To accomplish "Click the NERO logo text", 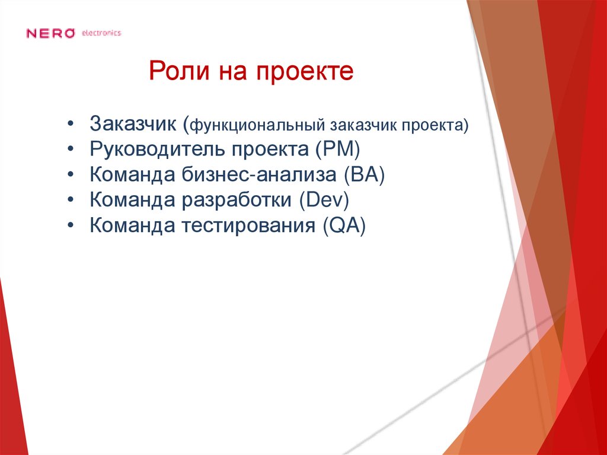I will (50, 33).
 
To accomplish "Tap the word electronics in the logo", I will (101, 33).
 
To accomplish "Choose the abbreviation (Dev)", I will (324, 200).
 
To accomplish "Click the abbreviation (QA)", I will (345, 225).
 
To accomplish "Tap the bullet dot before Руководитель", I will (71, 149).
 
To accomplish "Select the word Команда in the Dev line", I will (132, 200).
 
